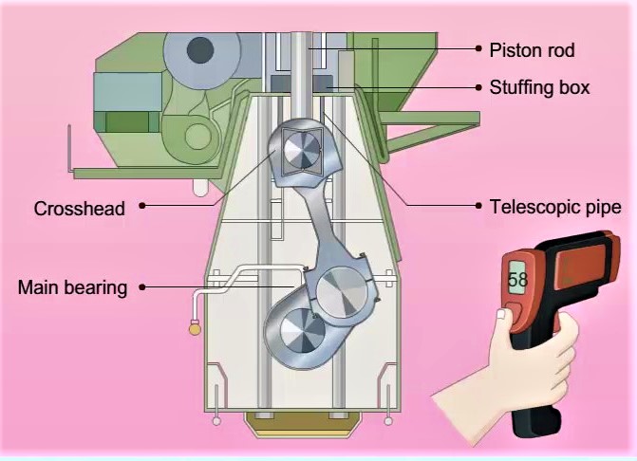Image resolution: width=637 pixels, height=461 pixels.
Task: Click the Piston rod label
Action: [x=531, y=49]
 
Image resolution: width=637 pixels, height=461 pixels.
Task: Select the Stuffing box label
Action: [x=539, y=87]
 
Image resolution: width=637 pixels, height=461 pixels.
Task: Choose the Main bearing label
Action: [x=72, y=286]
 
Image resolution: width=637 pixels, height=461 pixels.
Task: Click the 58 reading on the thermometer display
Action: [x=517, y=280]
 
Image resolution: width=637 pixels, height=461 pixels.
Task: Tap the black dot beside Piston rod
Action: [x=478, y=48]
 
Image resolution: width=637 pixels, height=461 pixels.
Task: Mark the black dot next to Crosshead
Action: [x=142, y=205]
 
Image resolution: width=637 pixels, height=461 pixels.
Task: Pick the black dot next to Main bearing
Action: [x=142, y=286]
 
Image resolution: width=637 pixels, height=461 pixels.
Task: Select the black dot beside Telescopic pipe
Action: [x=478, y=205]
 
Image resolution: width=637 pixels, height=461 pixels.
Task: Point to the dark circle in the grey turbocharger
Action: [x=200, y=48]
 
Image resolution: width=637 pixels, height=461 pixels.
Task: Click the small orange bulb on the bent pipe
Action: [x=195, y=329]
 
